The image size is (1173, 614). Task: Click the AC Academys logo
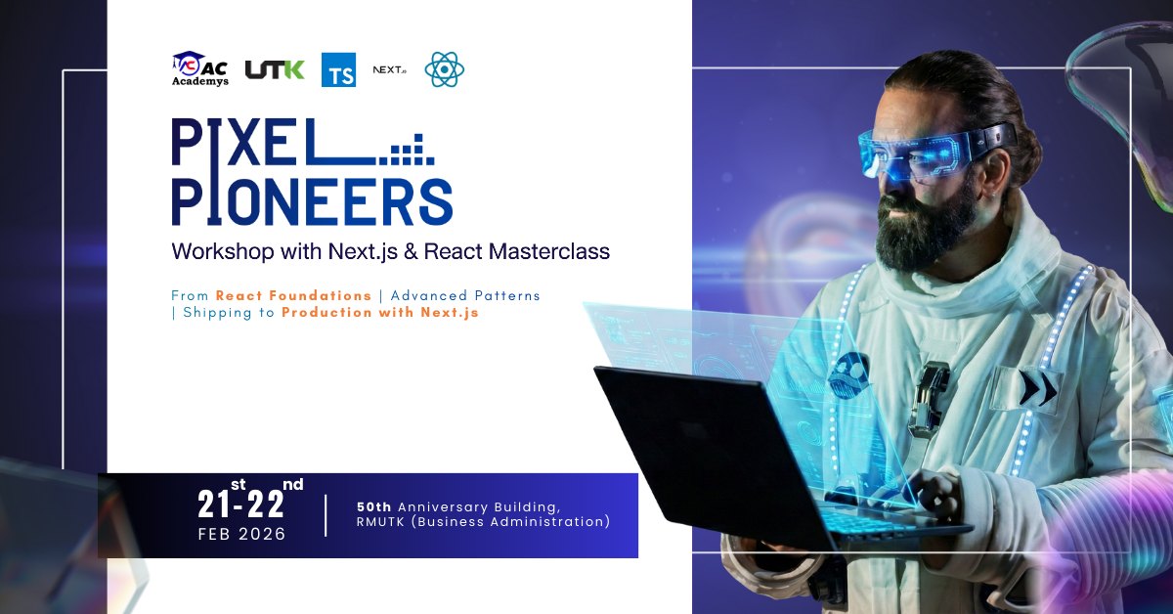pyautogui.click(x=200, y=69)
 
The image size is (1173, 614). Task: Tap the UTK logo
pyautogui.click(x=275, y=69)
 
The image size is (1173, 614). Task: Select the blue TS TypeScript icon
pyautogui.click(x=338, y=69)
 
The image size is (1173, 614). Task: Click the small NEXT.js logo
pyautogui.click(x=389, y=69)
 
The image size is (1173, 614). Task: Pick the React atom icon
pyautogui.click(x=444, y=69)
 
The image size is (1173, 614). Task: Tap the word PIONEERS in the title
pyautogui.click(x=312, y=201)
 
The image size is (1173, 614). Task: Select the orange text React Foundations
pyautogui.click(x=293, y=295)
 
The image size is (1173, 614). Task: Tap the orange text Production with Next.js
pyautogui.click(x=380, y=313)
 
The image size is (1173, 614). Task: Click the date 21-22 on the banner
pyautogui.click(x=241, y=504)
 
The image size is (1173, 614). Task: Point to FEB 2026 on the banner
pyautogui.click(x=241, y=535)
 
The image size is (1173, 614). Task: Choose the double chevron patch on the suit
pyautogui.click(x=1034, y=388)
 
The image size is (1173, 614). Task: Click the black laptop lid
pyautogui.click(x=704, y=439)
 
